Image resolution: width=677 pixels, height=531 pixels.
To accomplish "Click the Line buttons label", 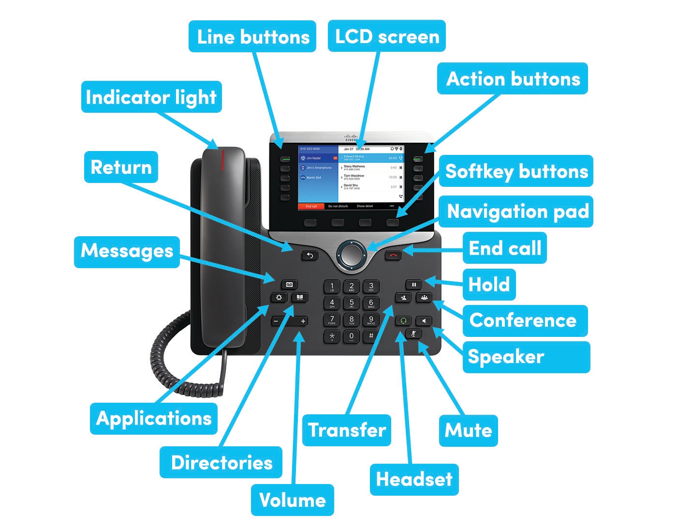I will point(252,37).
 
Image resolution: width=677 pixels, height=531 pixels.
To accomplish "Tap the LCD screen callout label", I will point(386,36).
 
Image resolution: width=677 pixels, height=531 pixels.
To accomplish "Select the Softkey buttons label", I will point(516,171).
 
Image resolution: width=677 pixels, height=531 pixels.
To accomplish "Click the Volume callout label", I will point(292,500).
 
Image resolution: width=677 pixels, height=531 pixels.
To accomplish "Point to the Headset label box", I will point(414,479).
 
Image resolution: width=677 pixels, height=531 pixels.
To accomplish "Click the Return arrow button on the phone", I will point(309,255).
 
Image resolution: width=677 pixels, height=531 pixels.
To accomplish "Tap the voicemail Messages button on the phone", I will point(289,285).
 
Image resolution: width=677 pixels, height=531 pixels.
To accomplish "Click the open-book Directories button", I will point(299,297).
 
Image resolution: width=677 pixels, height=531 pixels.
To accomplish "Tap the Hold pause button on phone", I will point(414,285).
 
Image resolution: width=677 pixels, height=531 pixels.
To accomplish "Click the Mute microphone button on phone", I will point(413,334).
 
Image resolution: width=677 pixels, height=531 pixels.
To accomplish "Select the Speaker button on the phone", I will point(424,321).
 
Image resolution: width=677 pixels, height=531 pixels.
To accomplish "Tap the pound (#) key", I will point(371,336).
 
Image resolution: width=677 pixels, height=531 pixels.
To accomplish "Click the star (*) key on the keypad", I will point(332,336).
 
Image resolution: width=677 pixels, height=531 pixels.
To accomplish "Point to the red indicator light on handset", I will point(223,160).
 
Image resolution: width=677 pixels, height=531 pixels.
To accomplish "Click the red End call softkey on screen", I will point(311,206).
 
